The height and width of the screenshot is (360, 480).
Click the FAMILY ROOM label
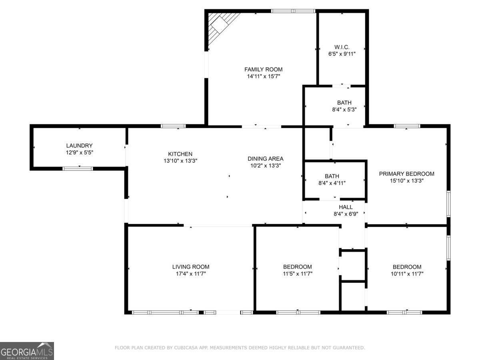263,69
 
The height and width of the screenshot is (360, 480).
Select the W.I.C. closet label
342,47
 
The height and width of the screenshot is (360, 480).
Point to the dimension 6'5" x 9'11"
342,54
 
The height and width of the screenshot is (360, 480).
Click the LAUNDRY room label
79,146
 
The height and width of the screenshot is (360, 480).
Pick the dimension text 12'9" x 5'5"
79,152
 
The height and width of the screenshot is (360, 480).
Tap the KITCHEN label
180,154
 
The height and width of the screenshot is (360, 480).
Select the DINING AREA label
265,158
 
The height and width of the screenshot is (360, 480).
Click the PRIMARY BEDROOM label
406,174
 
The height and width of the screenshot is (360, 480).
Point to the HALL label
346,207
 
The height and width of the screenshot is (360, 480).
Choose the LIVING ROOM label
190,267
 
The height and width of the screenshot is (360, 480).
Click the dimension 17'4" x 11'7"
190,274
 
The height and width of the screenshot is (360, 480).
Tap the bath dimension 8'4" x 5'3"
344,109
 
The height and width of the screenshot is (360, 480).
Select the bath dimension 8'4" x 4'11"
332,183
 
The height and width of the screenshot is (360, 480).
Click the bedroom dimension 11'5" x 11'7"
297,274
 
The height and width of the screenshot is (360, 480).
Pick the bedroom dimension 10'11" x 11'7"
407,274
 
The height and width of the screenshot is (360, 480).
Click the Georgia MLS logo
27,351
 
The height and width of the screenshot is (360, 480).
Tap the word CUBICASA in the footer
185,348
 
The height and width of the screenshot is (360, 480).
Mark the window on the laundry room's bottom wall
78,168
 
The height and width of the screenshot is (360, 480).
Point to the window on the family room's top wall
293,11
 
